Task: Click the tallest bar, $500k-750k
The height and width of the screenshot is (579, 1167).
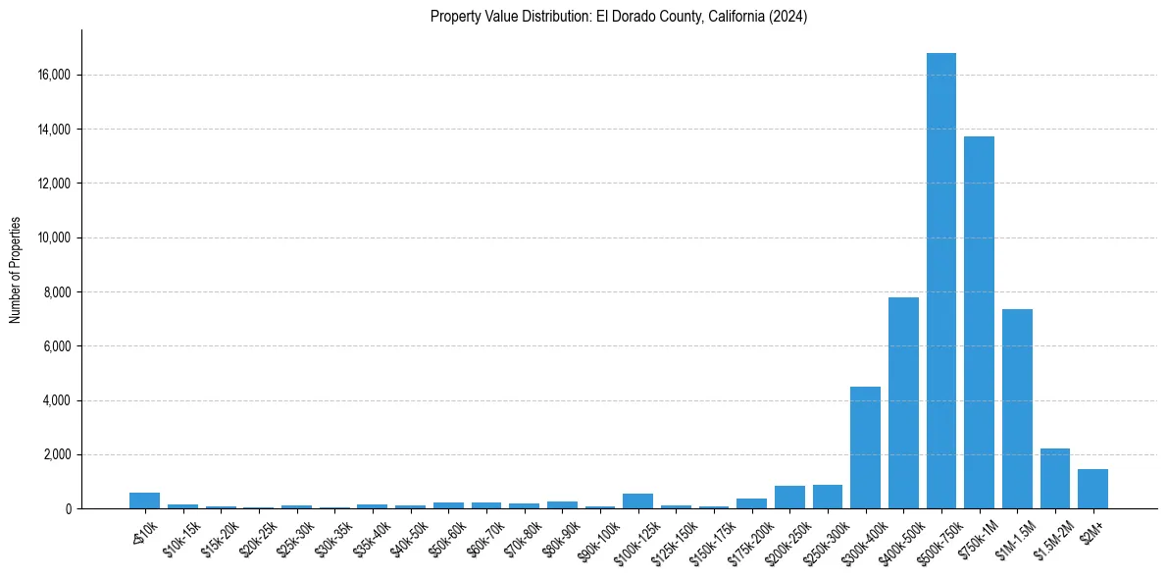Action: [x=940, y=285]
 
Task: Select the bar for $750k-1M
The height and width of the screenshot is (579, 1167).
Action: [x=979, y=324]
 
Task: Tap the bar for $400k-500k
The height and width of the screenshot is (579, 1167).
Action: [x=903, y=402]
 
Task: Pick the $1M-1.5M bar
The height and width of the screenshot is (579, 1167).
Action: [x=1017, y=409]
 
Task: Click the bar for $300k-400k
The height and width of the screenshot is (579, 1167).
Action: [x=865, y=447]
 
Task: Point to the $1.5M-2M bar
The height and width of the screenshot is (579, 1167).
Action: [x=1055, y=479]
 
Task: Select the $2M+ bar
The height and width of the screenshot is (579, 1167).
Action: [x=1092, y=489]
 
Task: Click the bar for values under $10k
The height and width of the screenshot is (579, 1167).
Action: [x=144, y=500]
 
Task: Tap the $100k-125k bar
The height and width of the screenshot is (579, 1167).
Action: [x=637, y=501]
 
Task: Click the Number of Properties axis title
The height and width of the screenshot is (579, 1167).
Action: [x=15, y=270]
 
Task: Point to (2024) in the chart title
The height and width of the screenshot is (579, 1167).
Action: [x=786, y=17]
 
